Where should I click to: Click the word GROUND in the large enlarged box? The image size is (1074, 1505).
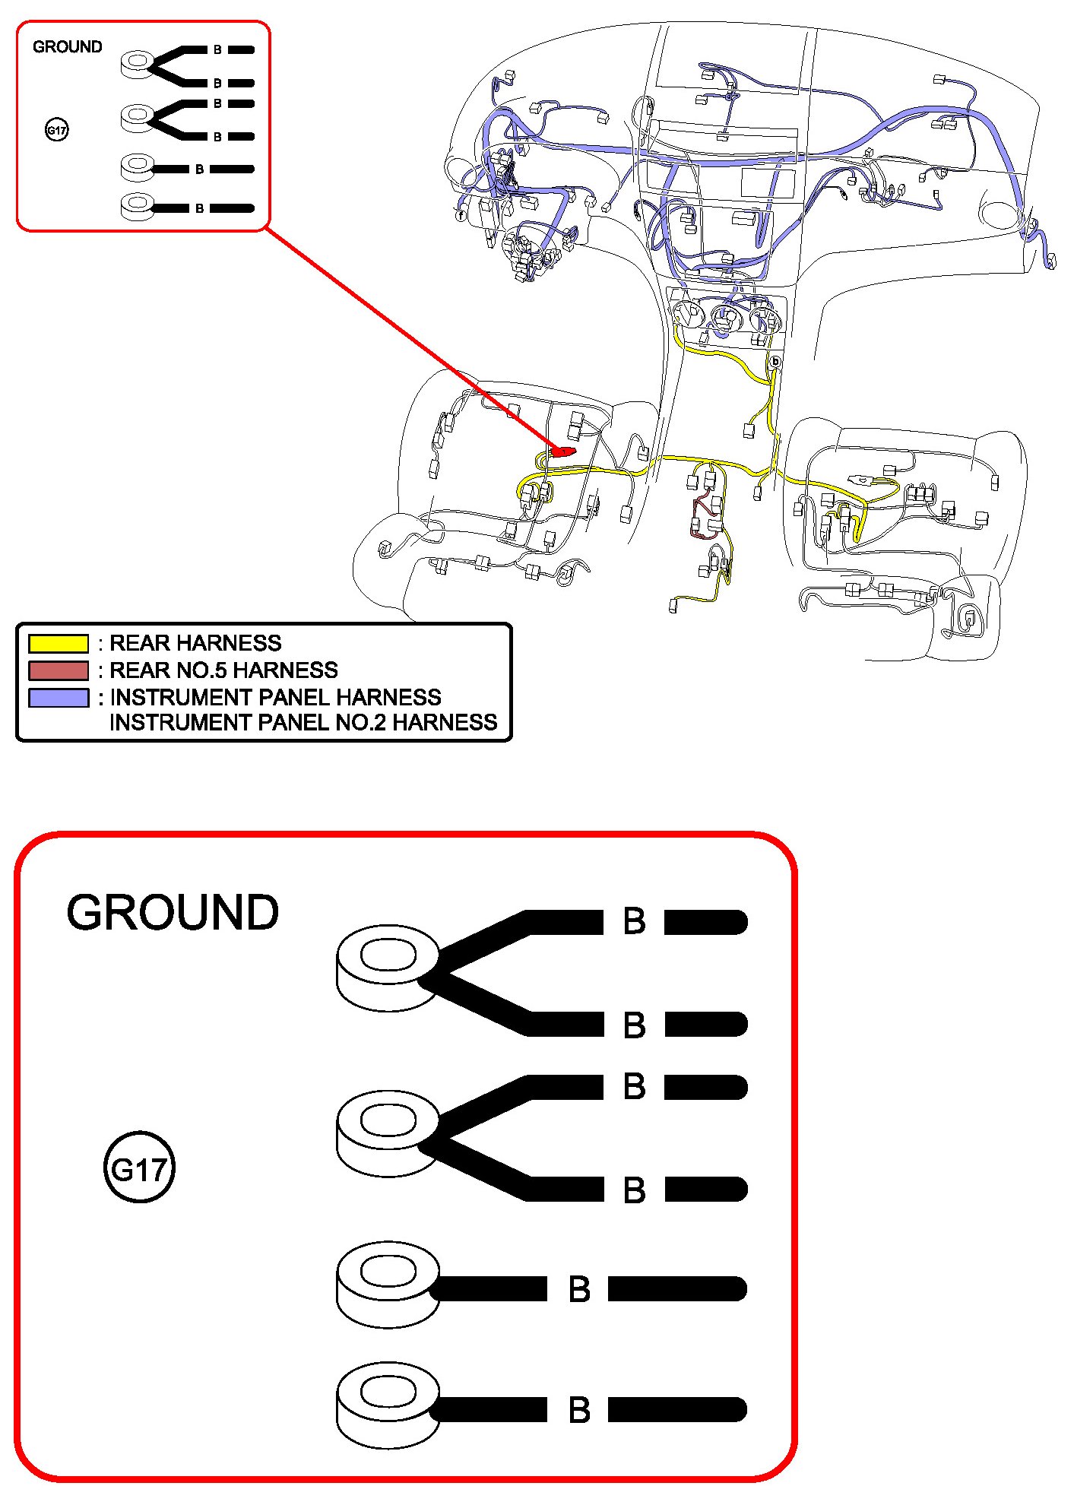pyautogui.click(x=173, y=912)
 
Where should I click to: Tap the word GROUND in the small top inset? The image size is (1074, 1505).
pyautogui.click(x=67, y=47)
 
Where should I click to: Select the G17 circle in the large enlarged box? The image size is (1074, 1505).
pyautogui.click(x=139, y=1168)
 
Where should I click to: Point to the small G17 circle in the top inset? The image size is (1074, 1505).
pyautogui.click(x=57, y=130)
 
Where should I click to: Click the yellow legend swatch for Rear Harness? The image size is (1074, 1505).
pyautogui.click(x=59, y=643)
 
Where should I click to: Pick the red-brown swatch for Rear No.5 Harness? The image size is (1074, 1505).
pyautogui.click(x=59, y=670)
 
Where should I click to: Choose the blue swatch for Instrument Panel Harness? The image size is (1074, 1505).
pyautogui.click(x=59, y=697)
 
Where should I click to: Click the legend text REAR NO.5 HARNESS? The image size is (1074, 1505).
pyautogui.click(x=223, y=670)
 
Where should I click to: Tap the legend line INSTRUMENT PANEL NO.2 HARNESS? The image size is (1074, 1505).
pyautogui.click(x=303, y=722)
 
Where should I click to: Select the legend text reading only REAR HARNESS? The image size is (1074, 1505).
pyautogui.click(x=195, y=643)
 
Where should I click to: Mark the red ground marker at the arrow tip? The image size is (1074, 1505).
pyautogui.click(x=563, y=451)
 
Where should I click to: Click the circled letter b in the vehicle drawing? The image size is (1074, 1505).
pyautogui.click(x=775, y=362)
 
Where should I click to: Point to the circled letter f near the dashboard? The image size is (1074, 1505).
pyautogui.click(x=461, y=215)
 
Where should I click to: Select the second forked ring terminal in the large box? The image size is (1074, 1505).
pyautogui.click(x=388, y=1133)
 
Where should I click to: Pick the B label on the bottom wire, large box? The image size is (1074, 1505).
pyautogui.click(x=579, y=1410)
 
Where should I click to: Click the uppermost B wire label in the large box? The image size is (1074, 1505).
pyautogui.click(x=634, y=921)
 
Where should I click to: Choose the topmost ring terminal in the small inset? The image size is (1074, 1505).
pyautogui.click(x=138, y=63)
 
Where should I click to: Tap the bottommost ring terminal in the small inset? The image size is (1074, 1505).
pyautogui.click(x=138, y=207)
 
